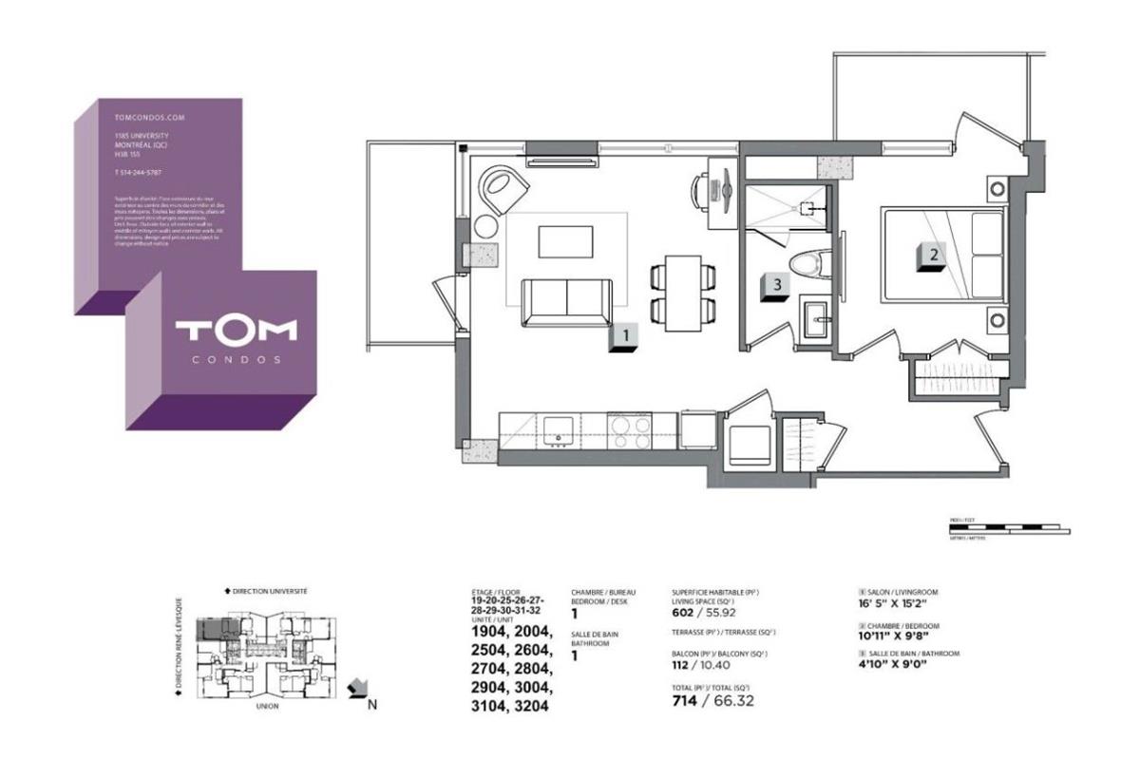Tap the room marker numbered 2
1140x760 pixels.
click(x=932, y=256)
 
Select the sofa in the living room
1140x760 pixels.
click(x=567, y=302)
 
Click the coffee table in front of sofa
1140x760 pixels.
click(x=566, y=240)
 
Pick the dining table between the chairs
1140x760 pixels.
click(x=683, y=289)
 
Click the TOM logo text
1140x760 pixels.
click(x=236, y=331)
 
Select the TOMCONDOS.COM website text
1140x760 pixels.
click(x=148, y=118)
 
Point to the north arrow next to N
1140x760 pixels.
click(x=359, y=687)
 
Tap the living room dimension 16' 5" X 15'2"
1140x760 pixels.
click(x=893, y=602)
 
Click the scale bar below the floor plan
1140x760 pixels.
click(x=1009, y=528)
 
